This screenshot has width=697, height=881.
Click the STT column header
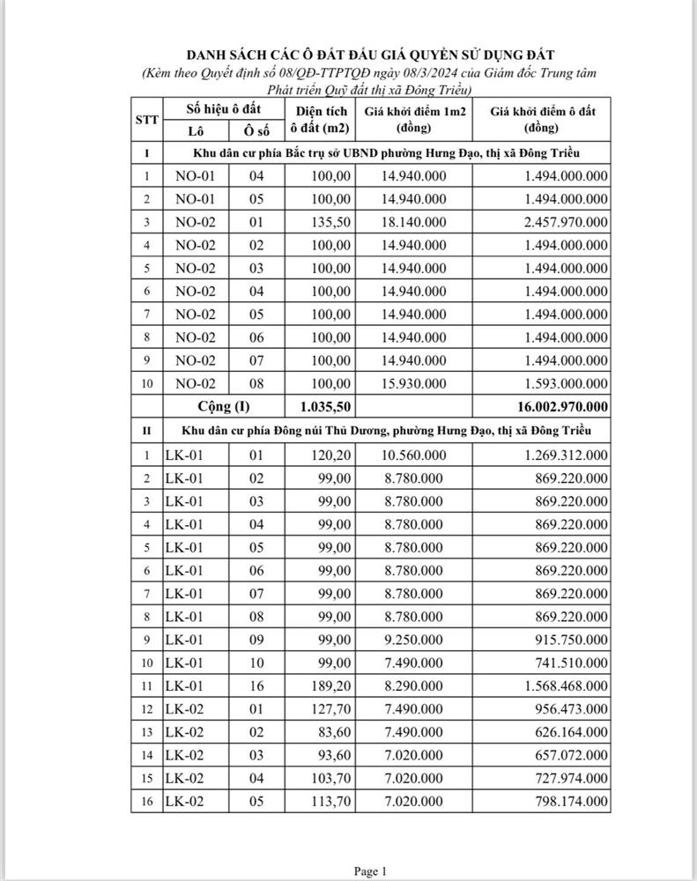pos(146,120)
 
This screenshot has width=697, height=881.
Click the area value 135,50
pos(330,222)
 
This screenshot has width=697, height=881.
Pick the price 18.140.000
pos(413,222)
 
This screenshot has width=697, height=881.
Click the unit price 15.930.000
pos(413,383)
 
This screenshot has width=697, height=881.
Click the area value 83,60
pos(334,732)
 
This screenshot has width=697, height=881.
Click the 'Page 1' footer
pos(370,871)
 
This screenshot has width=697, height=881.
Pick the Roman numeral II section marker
pos(146,430)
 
